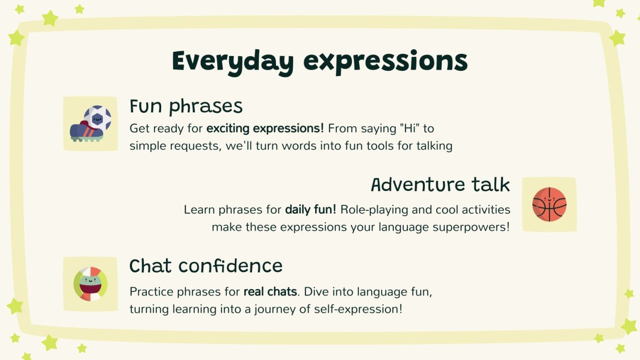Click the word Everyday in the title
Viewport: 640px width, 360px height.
coord(232,62)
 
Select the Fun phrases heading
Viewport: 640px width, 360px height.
coord(186,107)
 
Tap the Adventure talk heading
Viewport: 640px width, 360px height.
coord(441,185)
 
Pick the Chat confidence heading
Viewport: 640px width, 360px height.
coord(206,266)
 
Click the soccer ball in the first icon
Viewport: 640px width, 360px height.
coord(98,118)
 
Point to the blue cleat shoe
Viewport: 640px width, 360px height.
coord(86,131)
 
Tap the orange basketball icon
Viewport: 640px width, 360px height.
coord(549,204)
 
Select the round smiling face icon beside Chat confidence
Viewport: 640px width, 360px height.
coord(90,284)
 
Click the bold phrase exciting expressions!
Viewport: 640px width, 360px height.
coord(265,129)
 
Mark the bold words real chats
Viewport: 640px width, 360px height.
coord(270,291)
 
